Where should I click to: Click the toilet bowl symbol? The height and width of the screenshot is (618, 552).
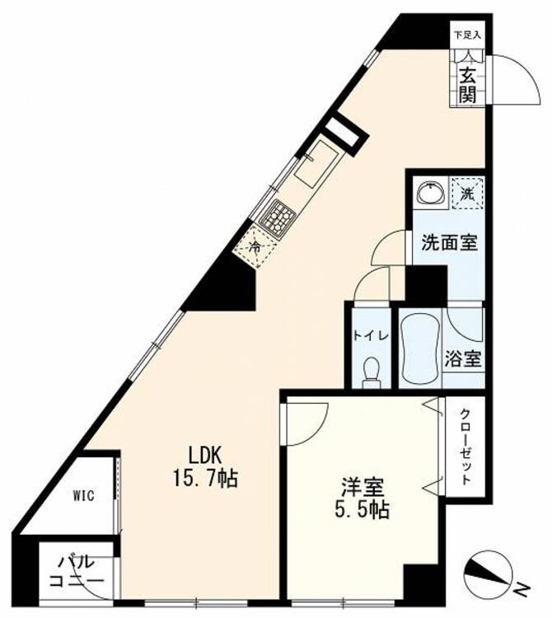point(372,372)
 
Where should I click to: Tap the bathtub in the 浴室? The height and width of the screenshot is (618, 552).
point(419,349)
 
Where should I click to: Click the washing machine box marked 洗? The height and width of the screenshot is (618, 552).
point(467,194)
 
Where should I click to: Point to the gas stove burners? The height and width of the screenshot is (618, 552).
point(279,215)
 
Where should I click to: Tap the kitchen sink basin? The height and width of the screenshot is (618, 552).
point(316,164)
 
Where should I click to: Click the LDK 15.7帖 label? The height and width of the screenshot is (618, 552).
point(204,466)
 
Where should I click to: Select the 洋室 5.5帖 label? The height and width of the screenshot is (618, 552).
point(362,498)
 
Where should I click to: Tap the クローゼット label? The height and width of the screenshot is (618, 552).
point(465,447)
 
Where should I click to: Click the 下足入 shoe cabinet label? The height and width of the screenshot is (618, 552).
point(468,35)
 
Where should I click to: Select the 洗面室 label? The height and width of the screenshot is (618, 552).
point(450,243)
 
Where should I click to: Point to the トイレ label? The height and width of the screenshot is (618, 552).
point(371,336)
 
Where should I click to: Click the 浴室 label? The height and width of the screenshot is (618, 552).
point(463,358)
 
